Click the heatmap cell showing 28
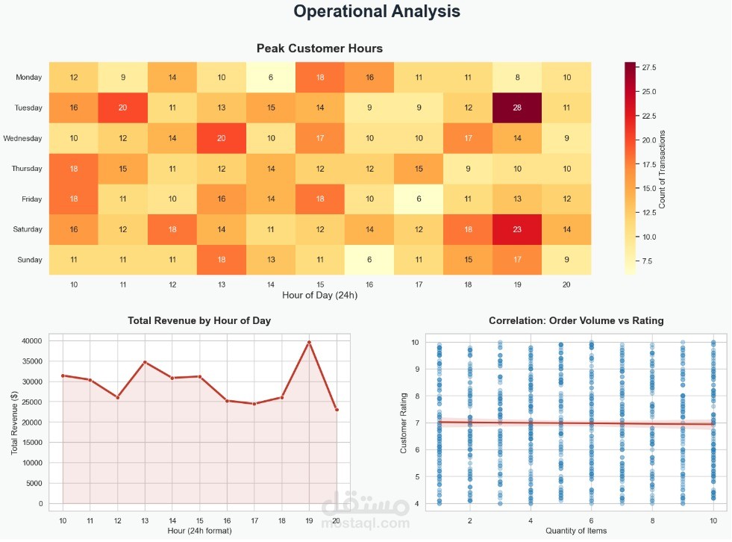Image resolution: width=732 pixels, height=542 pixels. [517, 108]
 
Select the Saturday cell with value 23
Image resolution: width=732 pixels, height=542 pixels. [517, 229]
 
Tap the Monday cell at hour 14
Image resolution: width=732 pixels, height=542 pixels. [271, 77]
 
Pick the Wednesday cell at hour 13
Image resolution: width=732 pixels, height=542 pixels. [222, 138]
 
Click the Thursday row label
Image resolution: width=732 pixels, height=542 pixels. [27, 169]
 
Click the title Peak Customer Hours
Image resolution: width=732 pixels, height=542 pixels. [319, 49]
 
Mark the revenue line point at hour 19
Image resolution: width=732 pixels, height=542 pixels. [309, 342]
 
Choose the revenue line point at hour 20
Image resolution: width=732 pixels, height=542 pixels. [337, 409]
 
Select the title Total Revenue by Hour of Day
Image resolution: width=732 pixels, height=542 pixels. [199, 320]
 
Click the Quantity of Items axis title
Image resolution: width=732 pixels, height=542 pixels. [575, 531]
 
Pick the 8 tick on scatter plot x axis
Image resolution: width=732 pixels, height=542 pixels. [652, 519]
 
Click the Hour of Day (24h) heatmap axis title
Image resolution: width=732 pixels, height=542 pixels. [319, 295]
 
